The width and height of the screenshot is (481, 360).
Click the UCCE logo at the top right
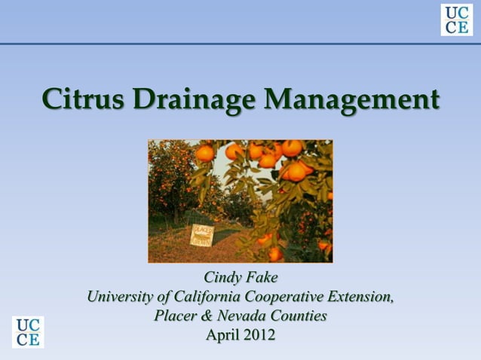point(456,20)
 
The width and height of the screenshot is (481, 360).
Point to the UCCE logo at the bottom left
point(28,332)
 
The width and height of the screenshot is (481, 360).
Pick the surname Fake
point(261,279)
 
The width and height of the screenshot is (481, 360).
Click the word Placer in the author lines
point(174,316)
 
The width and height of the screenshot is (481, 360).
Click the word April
point(222,334)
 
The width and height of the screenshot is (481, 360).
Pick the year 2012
point(259,334)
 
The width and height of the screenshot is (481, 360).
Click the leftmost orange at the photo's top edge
point(204,153)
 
